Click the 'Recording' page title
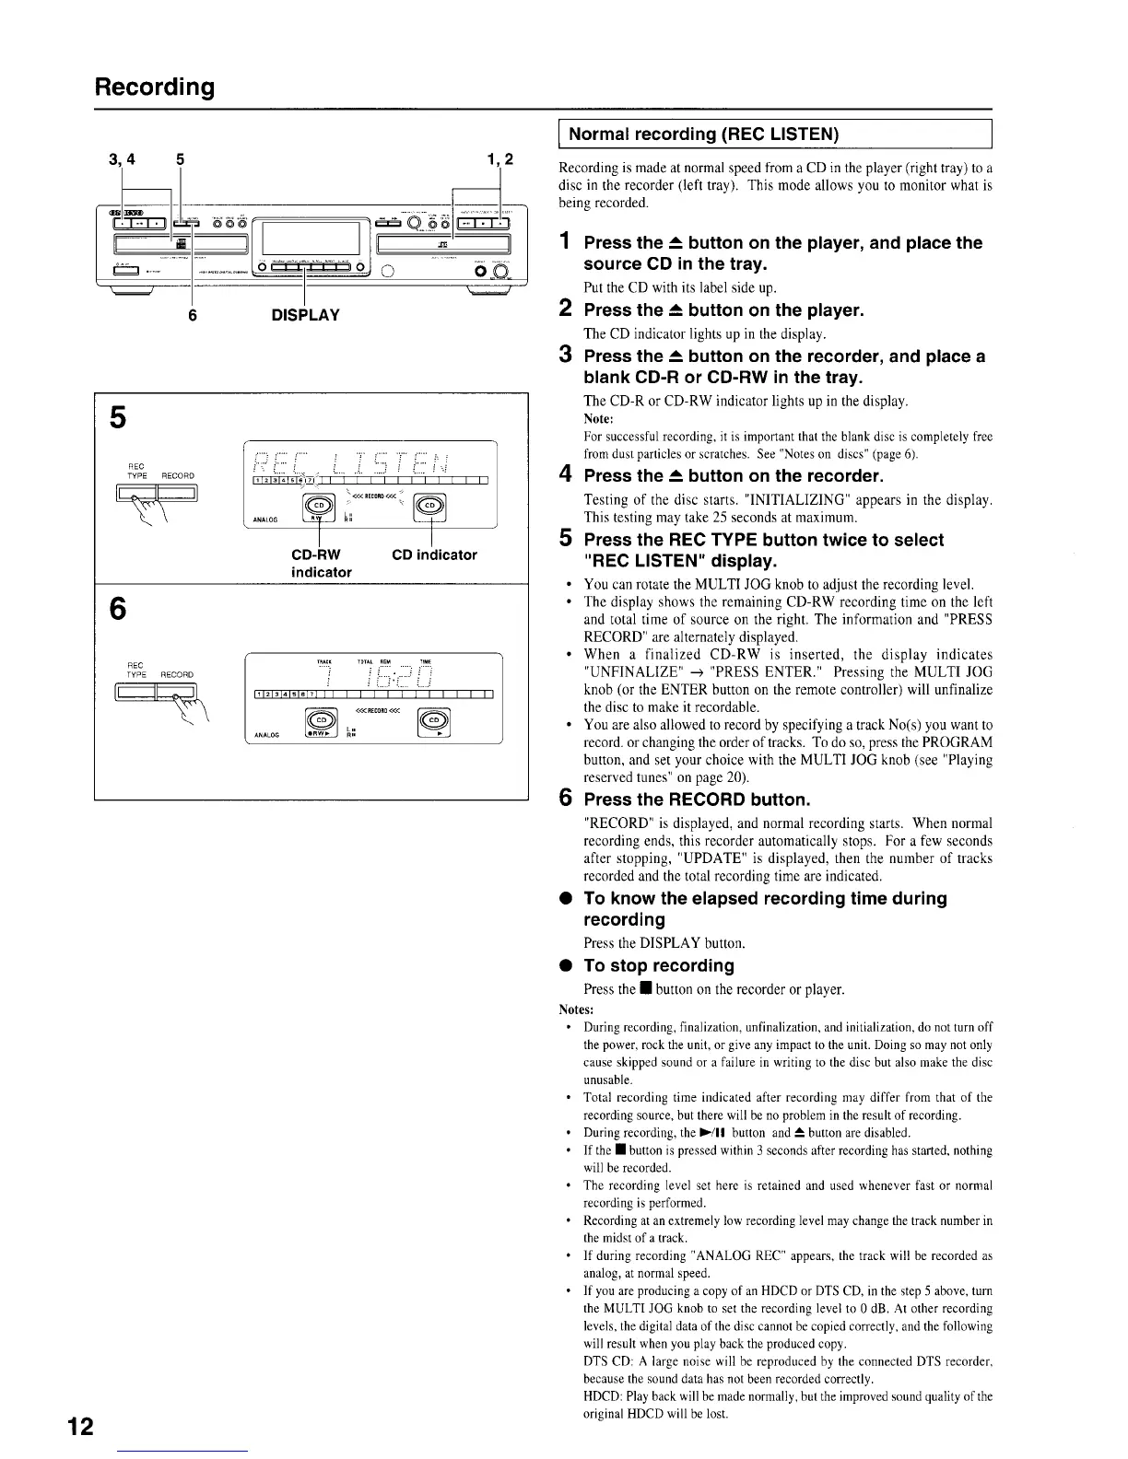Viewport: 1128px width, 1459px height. [x=154, y=87]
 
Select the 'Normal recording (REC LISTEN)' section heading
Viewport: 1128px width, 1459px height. [x=704, y=134]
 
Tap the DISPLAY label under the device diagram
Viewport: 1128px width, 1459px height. [x=305, y=315]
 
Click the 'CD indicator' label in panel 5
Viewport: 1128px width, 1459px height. [x=434, y=554]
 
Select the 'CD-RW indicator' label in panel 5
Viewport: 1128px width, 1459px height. [x=315, y=563]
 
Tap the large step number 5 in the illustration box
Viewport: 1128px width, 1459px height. [x=117, y=417]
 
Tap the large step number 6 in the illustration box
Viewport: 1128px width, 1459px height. [x=117, y=609]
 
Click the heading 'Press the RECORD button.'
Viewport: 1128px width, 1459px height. [x=697, y=799]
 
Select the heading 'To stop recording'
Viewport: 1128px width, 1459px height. [x=659, y=965]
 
